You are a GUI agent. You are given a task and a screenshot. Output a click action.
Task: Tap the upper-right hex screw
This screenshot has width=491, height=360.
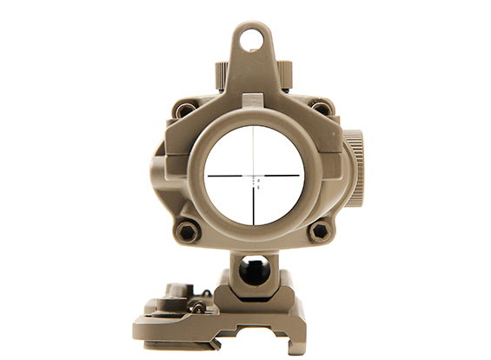(321, 110)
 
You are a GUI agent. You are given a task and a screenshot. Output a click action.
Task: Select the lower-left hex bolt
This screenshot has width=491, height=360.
(185, 231)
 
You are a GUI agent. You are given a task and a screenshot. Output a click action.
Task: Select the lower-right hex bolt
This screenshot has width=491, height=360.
(320, 231)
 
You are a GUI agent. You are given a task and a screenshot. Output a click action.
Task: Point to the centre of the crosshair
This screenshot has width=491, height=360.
(254, 175)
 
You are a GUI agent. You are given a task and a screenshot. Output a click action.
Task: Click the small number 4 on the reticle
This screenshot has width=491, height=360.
(258, 180)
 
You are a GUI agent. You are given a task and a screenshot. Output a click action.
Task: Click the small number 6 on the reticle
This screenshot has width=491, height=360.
(258, 187)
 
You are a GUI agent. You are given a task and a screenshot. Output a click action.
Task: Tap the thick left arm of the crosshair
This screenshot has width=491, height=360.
(226, 175)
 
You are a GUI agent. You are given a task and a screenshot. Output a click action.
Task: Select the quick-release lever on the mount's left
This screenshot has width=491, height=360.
(174, 297)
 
